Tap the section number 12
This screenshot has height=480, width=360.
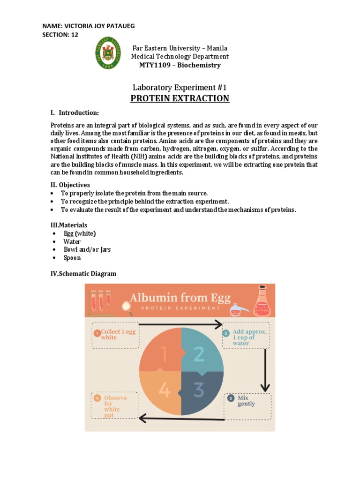tap(75, 35)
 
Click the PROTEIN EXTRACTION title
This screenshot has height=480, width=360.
tap(180, 98)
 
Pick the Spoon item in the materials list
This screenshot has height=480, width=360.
tap(72, 258)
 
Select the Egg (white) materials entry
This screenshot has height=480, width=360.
tap(80, 233)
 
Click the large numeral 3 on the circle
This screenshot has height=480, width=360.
tap(199, 390)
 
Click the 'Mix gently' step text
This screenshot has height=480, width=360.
tap(246, 401)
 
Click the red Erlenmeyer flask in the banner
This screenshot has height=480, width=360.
tap(262, 302)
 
